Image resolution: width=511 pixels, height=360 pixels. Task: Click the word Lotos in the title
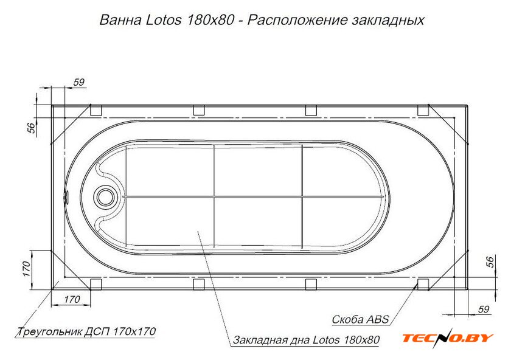tap(163, 20)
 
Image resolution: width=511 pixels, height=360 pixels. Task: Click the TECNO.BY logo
tap(448, 337)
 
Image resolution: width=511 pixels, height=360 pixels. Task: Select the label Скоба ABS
tap(360, 319)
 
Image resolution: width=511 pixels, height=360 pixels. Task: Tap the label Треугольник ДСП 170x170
tap(86, 331)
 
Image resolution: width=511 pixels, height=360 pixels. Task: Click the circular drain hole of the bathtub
tap(105, 197)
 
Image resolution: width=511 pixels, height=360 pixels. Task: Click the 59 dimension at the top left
tap(79, 82)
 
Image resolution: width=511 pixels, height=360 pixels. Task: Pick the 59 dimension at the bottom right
tap(484, 309)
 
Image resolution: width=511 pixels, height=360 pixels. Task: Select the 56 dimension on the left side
tap(31, 128)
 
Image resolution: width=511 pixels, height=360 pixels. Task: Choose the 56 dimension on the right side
tap(490, 262)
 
